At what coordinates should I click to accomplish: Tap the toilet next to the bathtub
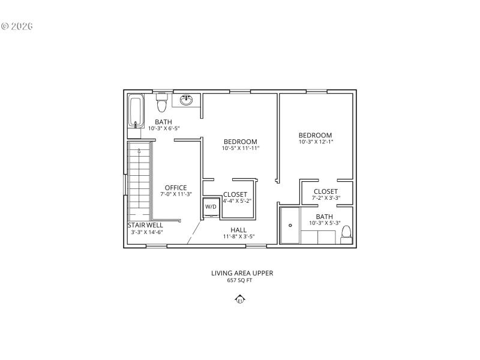coord(161,103)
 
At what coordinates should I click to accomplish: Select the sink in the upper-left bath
coord(187,99)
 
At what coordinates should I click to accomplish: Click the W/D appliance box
coord(211,206)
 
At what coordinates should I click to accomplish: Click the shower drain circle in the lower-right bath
coord(290,226)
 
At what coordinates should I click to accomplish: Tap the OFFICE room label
coord(176,188)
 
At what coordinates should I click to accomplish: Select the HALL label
coord(239,230)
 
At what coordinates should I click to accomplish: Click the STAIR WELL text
coord(145,225)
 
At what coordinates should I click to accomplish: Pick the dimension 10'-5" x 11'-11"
coord(241,148)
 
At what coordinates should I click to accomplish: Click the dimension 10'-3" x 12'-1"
coord(316,142)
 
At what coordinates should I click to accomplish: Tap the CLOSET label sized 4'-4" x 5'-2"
coord(235,194)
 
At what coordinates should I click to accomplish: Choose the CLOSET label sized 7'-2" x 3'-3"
coord(326,191)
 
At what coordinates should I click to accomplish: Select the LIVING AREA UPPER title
coord(242,273)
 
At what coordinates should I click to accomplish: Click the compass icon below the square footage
coord(240,300)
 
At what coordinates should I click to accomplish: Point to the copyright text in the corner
coord(17,26)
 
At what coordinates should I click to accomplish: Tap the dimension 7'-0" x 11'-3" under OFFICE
coord(176,194)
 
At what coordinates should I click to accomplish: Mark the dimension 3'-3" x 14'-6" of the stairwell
coord(147,232)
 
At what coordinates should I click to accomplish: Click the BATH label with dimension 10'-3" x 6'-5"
coord(163,122)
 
